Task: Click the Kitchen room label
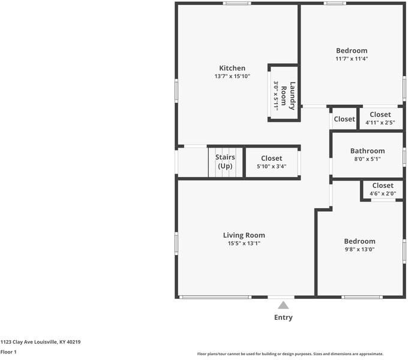pos(232,68)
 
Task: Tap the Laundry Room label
pos(288,96)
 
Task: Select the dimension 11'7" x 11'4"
pos(352,59)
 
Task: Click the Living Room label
pos(244,235)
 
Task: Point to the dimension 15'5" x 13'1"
pos(244,243)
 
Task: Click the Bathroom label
pos(367,151)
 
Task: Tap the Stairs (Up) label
pos(225,161)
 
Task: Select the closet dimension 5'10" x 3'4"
pos(272,166)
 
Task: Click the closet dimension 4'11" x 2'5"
pos(380,122)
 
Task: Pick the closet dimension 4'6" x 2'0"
pos(383,194)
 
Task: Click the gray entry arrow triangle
pos(283,305)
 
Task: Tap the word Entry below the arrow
pos(283,317)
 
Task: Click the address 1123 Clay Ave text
pos(40,342)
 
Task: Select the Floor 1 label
pos(8,352)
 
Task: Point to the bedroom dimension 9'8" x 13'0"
pos(359,249)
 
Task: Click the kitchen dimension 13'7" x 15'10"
pos(232,76)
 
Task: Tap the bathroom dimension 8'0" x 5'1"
pos(367,159)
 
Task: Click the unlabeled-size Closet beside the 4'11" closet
pos(344,119)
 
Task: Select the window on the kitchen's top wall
pos(237,4)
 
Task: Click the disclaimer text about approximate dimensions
pos(290,354)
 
